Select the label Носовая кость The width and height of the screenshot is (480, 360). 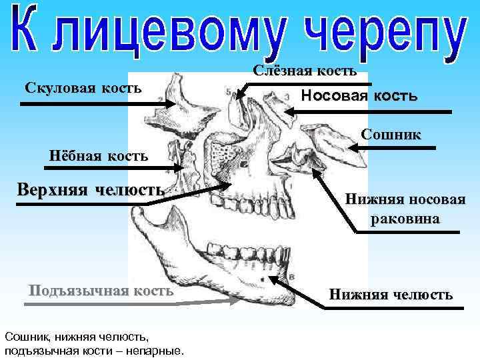click(x=359, y=96)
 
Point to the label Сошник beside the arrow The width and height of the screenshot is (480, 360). click(x=391, y=135)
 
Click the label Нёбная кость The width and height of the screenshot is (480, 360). click(x=98, y=157)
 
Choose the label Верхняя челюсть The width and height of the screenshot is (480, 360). click(x=91, y=189)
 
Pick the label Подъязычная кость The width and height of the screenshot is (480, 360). click(x=101, y=291)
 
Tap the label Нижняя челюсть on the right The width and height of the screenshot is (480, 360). click(x=390, y=294)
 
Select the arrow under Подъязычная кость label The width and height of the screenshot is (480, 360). click(x=133, y=303)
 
